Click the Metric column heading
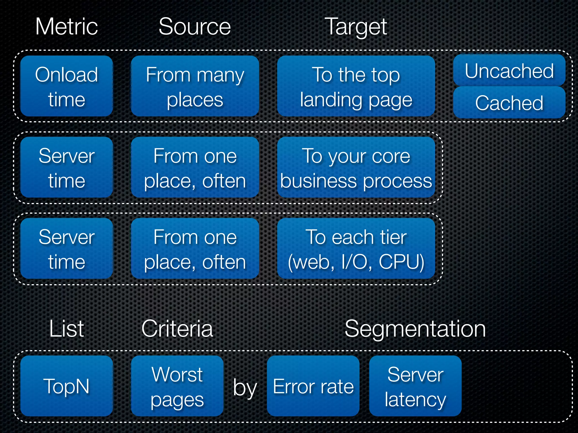tap(67, 26)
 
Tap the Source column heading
tap(195, 26)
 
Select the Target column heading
tap(356, 27)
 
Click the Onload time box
tap(67, 86)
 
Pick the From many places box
tap(195, 86)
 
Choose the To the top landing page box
tap(356, 86)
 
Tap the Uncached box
tap(509, 70)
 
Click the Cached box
tap(509, 103)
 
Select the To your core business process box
tap(356, 167)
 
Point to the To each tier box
tap(356, 248)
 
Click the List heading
tap(67, 329)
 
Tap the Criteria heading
tap(177, 329)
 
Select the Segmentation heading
tap(415, 329)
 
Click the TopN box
tap(67, 386)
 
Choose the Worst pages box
tap(177, 386)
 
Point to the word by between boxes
tap(245, 388)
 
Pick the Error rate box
tap(313, 386)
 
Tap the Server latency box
tap(415, 386)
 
